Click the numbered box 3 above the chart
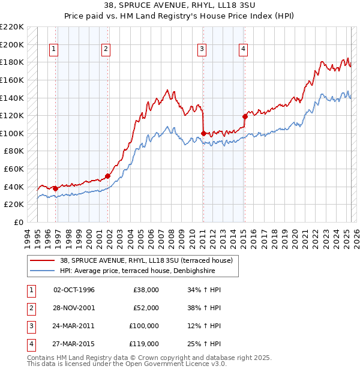click(203, 50)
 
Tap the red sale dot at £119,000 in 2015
click(244, 116)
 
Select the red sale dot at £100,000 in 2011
click(203, 133)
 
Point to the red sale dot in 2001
click(108, 176)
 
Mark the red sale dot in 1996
click(55, 188)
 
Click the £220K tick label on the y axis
click(12, 27)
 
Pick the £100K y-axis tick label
click(12, 133)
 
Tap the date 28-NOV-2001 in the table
click(74, 308)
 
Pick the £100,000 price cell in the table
click(144, 326)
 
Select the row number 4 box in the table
click(29, 344)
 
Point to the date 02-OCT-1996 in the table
click(74, 290)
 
